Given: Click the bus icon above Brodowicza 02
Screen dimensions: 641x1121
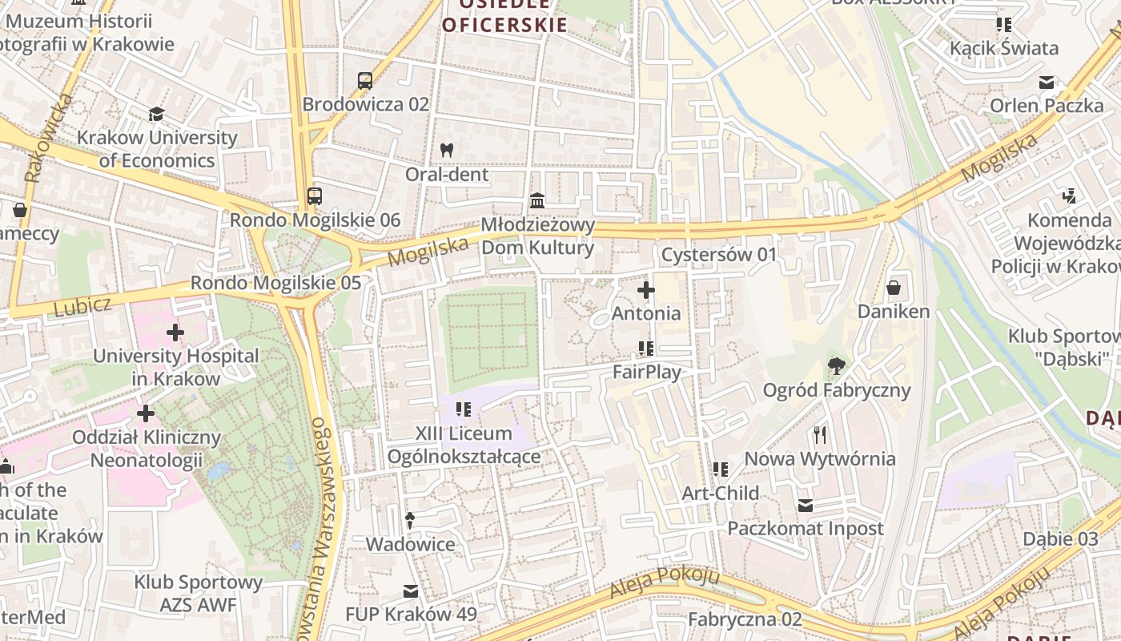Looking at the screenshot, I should coord(365,80).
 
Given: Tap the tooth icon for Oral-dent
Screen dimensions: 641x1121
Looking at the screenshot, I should coord(447,150).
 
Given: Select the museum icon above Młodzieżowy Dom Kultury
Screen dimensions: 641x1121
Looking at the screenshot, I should coord(537,200).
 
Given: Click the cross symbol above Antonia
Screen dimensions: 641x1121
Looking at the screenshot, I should coord(646,290).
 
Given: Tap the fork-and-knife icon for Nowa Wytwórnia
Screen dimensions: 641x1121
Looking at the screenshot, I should coord(820,435).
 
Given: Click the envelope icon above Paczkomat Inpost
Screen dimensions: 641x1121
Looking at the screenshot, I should coord(806,506).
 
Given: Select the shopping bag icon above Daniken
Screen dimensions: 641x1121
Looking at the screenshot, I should coord(894,288).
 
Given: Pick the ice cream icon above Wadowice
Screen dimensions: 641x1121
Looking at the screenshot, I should coord(410,521).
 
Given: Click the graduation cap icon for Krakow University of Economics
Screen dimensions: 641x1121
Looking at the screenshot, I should coord(157,114).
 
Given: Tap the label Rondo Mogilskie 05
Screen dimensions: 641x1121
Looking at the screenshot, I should coord(275,283).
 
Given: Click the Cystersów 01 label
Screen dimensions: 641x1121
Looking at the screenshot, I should coord(719,255).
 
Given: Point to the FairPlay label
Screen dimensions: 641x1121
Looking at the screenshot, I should coord(647,372).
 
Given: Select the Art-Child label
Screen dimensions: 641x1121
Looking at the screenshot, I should coord(720,493).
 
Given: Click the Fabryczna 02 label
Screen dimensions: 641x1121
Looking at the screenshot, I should coord(745,619).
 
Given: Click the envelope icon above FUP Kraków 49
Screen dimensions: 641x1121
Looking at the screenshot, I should coord(411,591).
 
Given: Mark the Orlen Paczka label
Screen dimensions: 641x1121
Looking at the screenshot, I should coord(1047,106).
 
